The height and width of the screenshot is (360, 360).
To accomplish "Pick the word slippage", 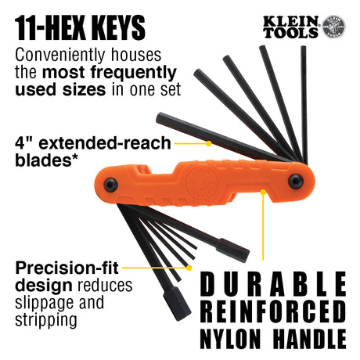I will pyautogui.click(x=40, y=303).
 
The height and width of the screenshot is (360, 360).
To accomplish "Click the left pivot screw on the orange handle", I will pyautogui.click(x=112, y=186).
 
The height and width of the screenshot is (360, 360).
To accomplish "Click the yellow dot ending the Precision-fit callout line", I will pyautogui.click(x=188, y=267).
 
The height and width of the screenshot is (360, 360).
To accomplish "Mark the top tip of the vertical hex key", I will pyautogui.click(x=303, y=49).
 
